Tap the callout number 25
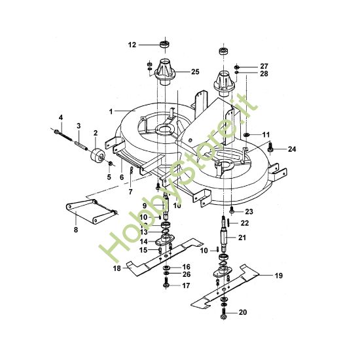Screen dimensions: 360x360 195,71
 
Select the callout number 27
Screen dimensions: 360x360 264,66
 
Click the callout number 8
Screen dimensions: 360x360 75,230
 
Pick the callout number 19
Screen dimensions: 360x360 279,276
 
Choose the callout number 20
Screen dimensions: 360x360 243,313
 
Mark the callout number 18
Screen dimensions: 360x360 117,268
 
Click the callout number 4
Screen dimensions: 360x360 60,117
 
